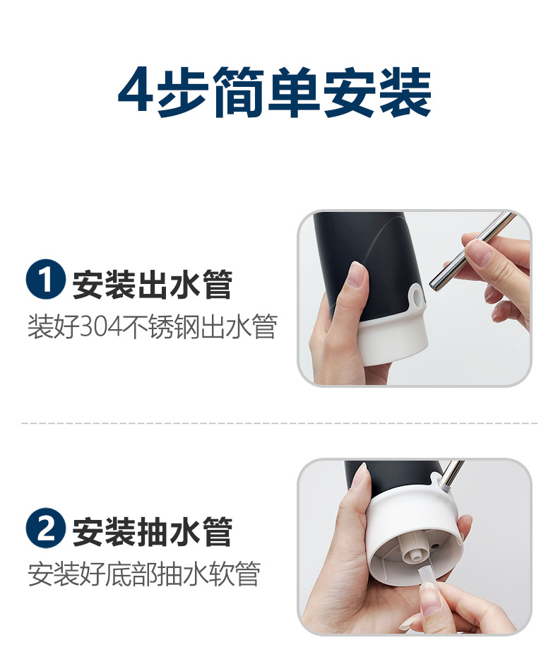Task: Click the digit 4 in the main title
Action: pos(135,89)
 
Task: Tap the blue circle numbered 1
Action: pos(46,279)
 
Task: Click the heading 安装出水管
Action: pos(153,285)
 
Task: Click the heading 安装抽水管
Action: pos(153,532)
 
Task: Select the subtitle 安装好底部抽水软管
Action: pos(144,574)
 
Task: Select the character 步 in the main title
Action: pos(184,92)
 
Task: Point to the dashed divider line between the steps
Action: pos(280,423)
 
